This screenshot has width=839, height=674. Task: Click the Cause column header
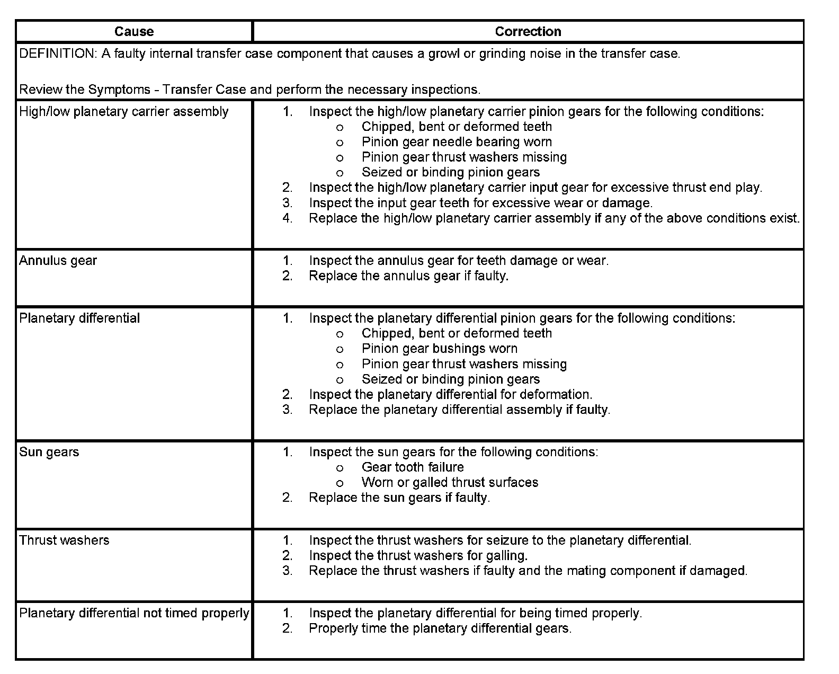coord(134,31)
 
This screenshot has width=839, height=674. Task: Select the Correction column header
coord(528,31)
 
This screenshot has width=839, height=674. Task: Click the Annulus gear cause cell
coord(58,261)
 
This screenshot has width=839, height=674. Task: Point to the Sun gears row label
coord(49,452)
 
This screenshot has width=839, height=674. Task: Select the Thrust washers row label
coord(64,540)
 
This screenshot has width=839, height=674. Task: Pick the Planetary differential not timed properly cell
coord(134,613)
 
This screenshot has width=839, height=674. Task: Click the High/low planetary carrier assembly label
coord(123,111)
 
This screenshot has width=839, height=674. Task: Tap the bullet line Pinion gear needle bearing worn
coord(457,142)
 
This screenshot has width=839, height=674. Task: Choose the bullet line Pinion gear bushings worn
coord(439,349)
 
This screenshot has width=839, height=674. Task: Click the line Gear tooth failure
coord(413,467)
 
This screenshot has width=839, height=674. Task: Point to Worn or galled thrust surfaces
coord(450,483)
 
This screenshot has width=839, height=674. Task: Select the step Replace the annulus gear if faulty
coord(408,276)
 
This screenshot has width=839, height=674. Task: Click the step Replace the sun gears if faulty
coord(399,498)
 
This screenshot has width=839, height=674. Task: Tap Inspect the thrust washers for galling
coord(418,555)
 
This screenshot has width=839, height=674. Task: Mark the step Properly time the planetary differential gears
coord(440,628)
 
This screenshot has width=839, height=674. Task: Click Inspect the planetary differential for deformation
coord(450,395)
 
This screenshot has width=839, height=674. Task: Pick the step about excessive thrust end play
coord(535,188)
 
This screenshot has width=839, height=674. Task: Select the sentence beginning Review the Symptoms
coord(249,90)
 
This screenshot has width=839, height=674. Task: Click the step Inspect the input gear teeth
coord(480,203)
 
